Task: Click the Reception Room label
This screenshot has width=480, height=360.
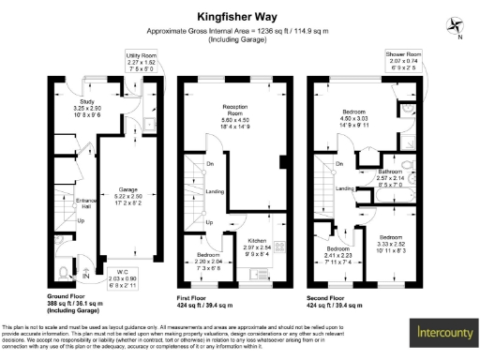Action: (234, 113)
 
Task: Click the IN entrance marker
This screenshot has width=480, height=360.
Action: (87, 276)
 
